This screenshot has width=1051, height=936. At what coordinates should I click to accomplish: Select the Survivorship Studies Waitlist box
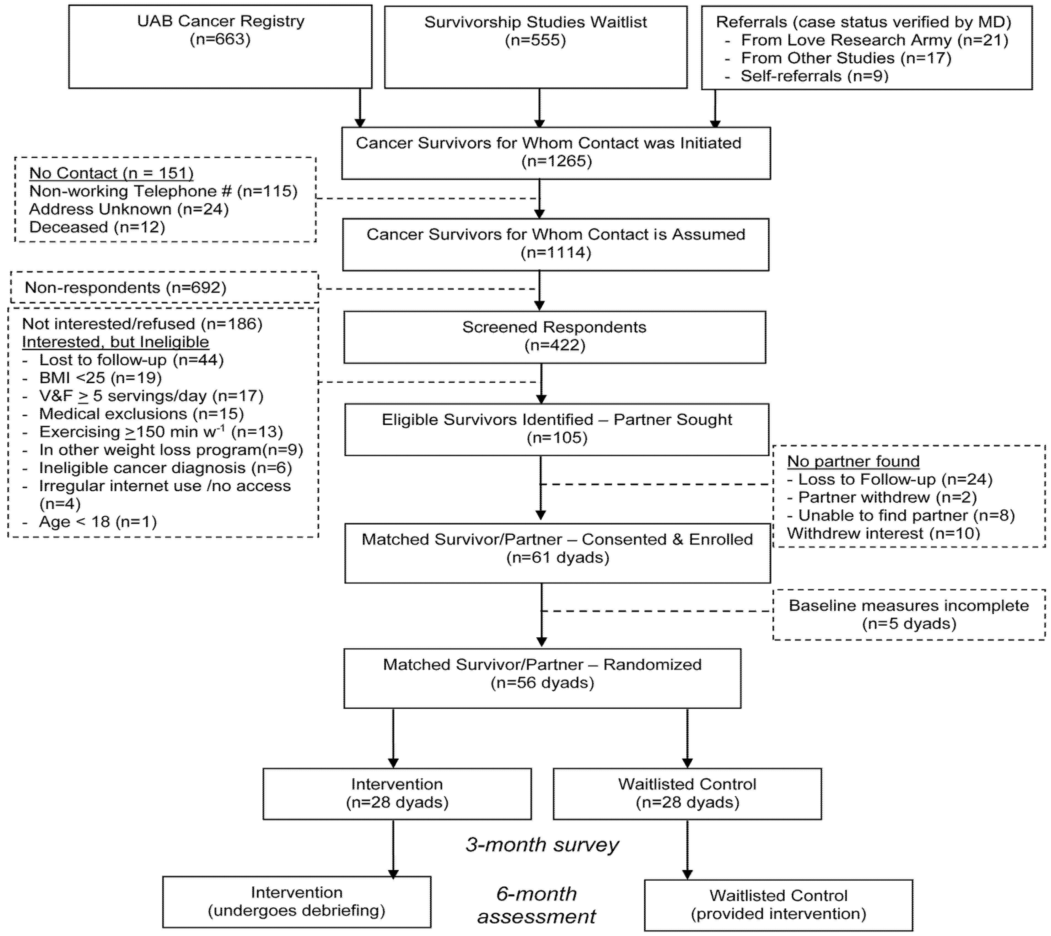(x=536, y=47)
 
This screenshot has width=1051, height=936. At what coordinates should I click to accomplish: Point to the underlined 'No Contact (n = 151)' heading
(x=111, y=173)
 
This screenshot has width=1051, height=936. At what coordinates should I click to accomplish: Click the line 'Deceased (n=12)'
(x=97, y=227)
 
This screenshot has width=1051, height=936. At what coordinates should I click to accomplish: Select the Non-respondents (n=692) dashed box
(x=164, y=287)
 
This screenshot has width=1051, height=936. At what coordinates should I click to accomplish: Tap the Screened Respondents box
(x=555, y=337)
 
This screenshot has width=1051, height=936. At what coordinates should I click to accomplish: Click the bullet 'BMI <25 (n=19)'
(x=100, y=378)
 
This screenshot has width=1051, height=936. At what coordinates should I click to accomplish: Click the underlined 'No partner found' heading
(x=853, y=461)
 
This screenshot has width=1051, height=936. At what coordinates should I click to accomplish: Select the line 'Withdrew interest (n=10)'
(x=883, y=533)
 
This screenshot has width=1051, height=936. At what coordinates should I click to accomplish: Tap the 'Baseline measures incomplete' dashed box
(x=908, y=614)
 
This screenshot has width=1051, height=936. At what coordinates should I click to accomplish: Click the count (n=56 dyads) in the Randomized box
(x=542, y=683)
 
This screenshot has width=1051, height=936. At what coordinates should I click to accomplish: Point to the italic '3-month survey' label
(x=542, y=845)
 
